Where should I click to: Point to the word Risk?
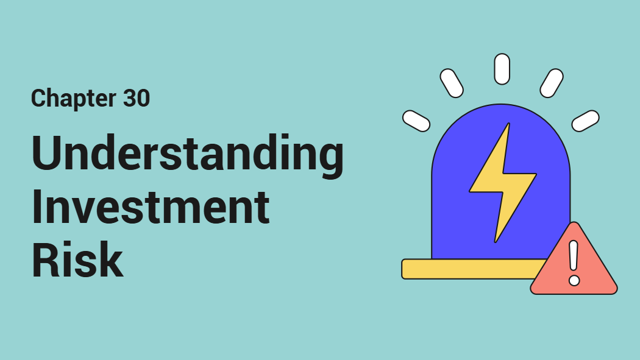pos(77,258)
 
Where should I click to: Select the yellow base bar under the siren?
pos(469,269)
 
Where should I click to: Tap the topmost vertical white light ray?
pos(502,69)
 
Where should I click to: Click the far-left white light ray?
pos(416,121)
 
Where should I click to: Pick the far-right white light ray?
pos(585,121)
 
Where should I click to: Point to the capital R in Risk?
pos(48,258)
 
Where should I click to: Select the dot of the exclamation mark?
pos(574,281)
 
